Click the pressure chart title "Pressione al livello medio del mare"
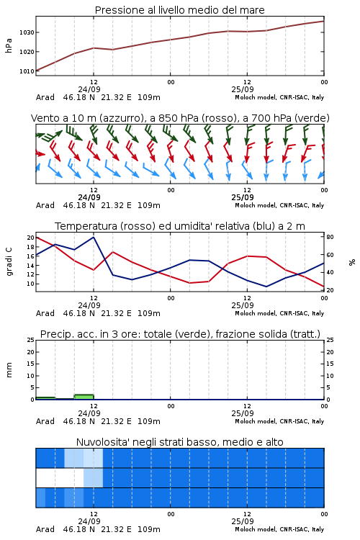pos(179,10)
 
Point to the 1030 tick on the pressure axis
pos(27,32)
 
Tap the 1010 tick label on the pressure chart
pos(27,71)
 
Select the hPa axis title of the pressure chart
pos(9,45)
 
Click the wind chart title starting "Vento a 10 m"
pos(180,118)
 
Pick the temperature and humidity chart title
pos(180,226)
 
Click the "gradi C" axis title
pos(9,261)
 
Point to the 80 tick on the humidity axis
pos(330,237)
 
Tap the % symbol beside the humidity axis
pos(352,262)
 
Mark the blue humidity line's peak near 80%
pos(94,237)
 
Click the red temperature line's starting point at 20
pos(37,238)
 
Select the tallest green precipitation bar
pos(84,397)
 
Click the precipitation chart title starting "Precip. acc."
pos(180,334)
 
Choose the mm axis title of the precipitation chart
pos(9,370)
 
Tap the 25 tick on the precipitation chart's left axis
pos(31,340)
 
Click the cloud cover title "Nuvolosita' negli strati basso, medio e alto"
pos(179,442)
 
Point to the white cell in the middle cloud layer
pos(60,477)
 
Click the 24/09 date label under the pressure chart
pos(89,89)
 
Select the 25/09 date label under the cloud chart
pos(243,521)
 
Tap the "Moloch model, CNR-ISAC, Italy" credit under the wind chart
pos(279,205)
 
